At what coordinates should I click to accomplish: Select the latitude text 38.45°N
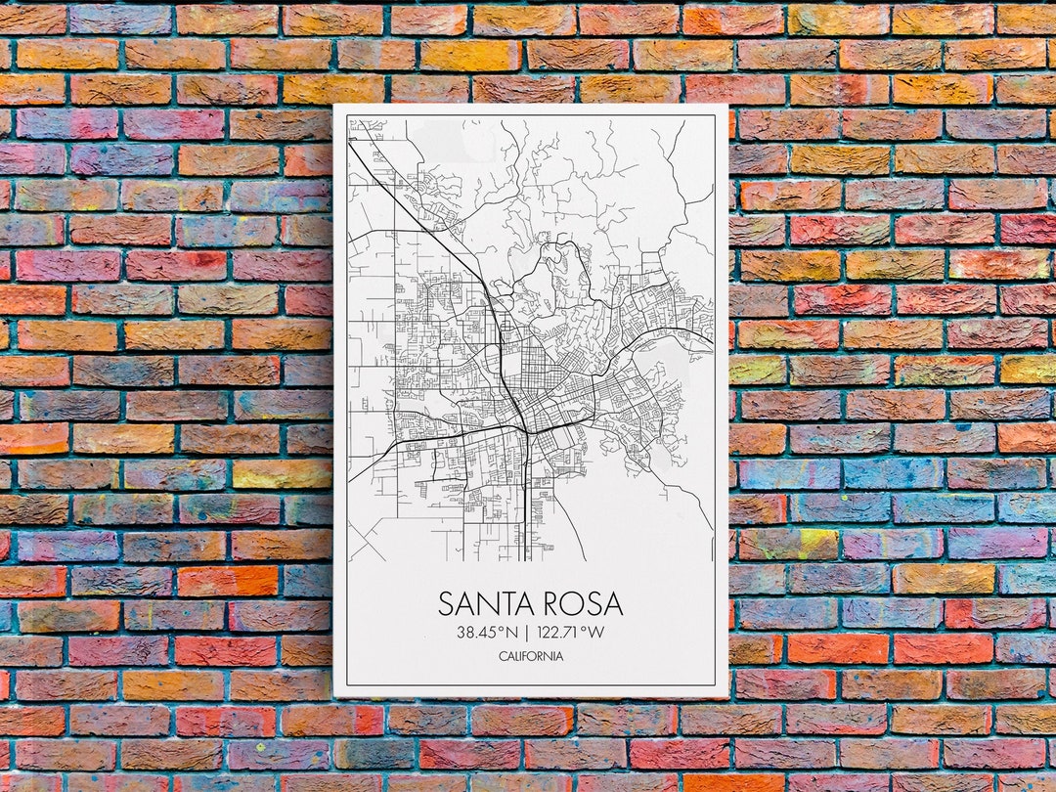click(x=486, y=633)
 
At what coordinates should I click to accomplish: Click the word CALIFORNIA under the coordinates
click(x=531, y=656)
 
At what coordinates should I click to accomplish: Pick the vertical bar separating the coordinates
click(x=524, y=633)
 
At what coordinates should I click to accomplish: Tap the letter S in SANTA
click(x=447, y=603)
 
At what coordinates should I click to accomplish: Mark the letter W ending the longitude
click(x=596, y=633)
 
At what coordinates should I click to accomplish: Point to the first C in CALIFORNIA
click(x=503, y=656)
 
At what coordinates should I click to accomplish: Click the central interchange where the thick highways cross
click(x=526, y=430)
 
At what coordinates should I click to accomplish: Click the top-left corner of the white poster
click(x=334, y=105)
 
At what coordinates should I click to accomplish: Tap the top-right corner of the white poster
click(x=728, y=105)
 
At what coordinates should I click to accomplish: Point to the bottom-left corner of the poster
click(x=334, y=696)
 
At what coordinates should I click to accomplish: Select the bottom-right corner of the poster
click(x=728, y=696)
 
